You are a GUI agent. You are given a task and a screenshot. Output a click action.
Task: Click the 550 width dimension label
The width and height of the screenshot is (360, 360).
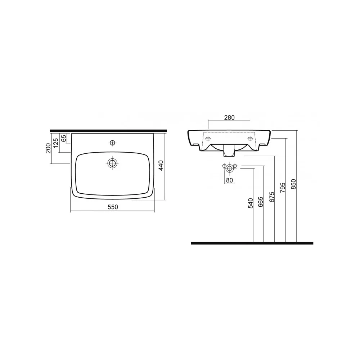tap(113, 207)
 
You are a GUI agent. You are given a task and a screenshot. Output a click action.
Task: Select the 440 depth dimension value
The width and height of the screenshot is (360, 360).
tap(161, 165)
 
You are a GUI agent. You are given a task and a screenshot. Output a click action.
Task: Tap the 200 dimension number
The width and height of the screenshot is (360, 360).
tap(48, 148)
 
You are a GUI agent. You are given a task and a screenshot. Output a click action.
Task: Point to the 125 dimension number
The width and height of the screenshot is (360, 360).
tap(55, 143)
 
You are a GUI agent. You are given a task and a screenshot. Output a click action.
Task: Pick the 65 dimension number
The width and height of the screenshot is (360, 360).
tap(64, 138)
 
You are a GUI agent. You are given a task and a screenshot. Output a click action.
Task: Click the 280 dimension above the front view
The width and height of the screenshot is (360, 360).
tap(229, 118)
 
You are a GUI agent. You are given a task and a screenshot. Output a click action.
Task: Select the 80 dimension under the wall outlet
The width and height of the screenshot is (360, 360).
tap(229, 180)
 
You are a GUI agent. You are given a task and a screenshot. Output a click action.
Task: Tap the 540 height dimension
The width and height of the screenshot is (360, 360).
tap(250, 203)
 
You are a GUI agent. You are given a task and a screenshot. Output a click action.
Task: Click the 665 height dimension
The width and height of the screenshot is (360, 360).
tap(261, 202)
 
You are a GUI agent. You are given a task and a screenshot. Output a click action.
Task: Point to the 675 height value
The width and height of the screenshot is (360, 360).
tap(272, 197)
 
